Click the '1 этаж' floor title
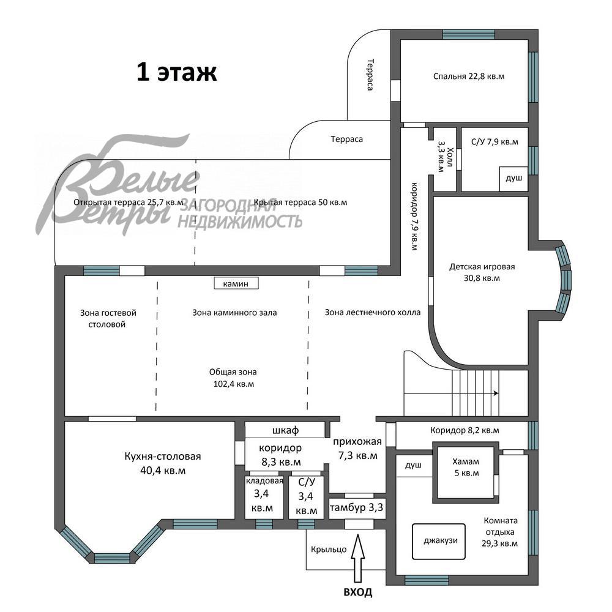tap(176, 73)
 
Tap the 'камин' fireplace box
tap(236, 283)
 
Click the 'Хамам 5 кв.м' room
tap(465, 468)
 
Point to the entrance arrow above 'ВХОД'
tap(359, 560)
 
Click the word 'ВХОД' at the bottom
tap(357, 592)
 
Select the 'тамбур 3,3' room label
tap(357, 507)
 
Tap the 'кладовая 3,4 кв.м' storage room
tap(264, 495)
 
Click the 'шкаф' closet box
tap(285, 430)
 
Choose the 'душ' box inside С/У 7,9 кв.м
tap(513, 178)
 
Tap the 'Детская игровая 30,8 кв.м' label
tap(482, 272)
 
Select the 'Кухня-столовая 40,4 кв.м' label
tap(163, 463)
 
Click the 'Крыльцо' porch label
tap(329, 549)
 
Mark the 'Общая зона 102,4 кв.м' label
tap(233, 378)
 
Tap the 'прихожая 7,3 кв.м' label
tap(357, 449)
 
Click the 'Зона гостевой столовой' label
tap(108, 318)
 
